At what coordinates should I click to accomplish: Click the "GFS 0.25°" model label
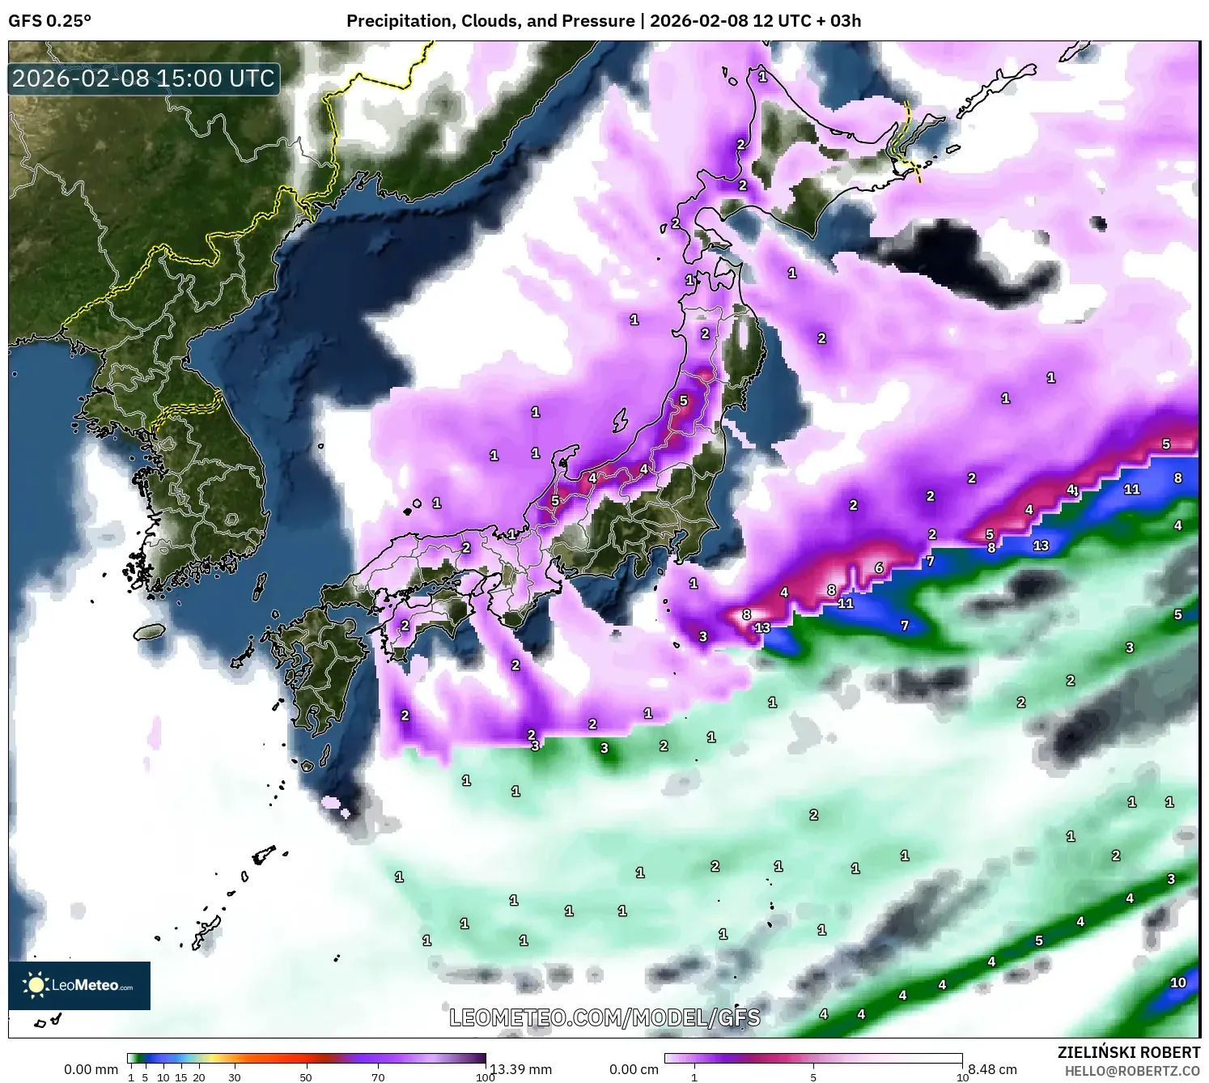click(49, 21)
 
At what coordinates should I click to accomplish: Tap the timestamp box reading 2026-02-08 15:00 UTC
click(144, 79)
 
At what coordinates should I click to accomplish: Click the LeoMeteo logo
click(79, 985)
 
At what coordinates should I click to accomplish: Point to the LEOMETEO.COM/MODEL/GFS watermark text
click(604, 1017)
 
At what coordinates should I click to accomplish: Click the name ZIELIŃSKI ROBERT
click(1128, 1052)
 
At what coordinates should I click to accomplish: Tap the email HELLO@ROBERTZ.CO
click(1132, 1071)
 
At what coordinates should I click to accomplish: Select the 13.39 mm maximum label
click(522, 1069)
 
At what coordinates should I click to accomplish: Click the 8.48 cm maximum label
click(992, 1069)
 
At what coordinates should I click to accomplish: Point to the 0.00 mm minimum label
click(91, 1069)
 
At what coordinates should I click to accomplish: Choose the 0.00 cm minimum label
click(634, 1069)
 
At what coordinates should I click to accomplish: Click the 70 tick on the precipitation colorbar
click(378, 1077)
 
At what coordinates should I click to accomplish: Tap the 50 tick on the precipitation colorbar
click(306, 1077)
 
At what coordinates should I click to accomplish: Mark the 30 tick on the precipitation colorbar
click(235, 1077)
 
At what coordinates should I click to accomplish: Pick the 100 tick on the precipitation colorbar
click(485, 1077)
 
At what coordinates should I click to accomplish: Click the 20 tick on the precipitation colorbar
click(199, 1077)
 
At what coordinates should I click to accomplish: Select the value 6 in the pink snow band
click(879, 568)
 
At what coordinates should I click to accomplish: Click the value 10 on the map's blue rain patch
click(1177, 983)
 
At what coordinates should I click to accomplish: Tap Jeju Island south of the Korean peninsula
click(150, 631)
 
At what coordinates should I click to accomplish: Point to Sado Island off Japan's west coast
click(620, 420)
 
